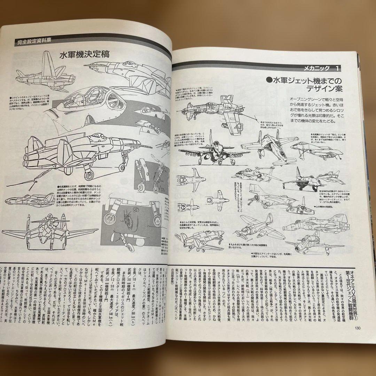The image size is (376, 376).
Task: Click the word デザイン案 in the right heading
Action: point(319,89)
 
